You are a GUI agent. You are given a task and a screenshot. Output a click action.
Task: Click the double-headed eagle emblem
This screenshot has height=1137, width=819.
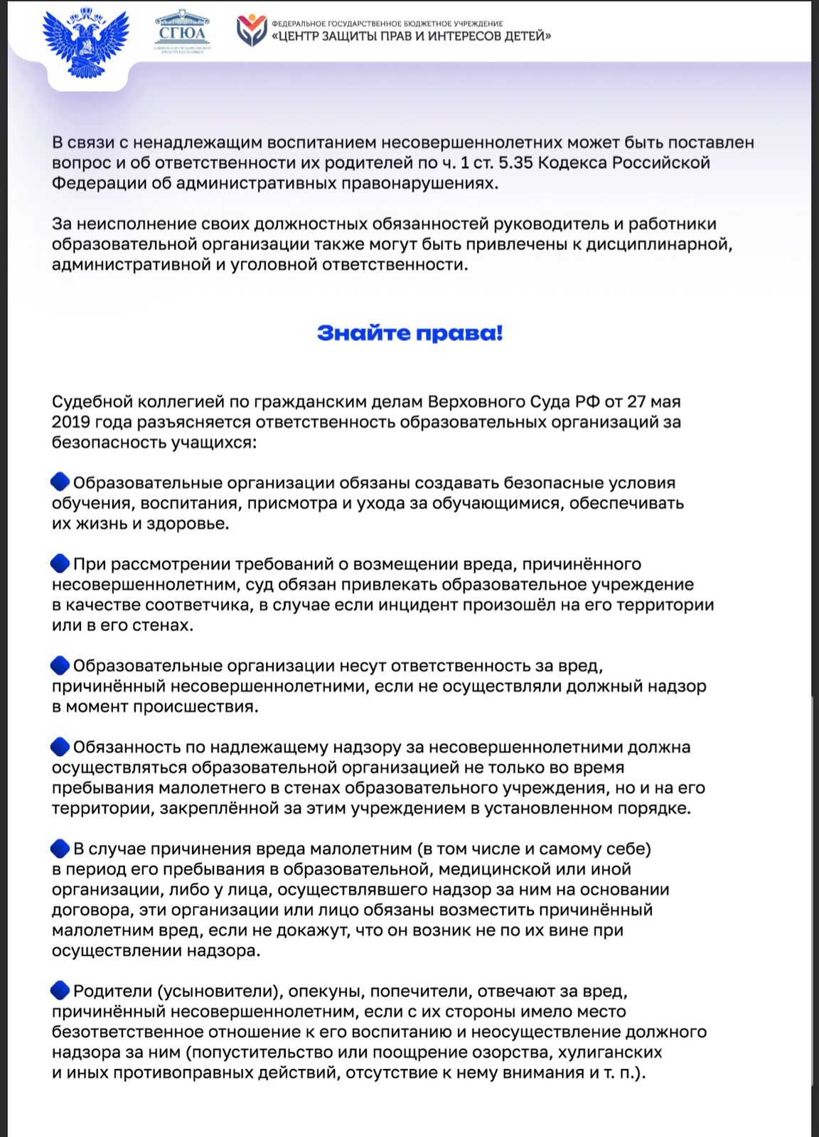86,43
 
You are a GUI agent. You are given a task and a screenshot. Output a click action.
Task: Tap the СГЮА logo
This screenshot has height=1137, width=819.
182,32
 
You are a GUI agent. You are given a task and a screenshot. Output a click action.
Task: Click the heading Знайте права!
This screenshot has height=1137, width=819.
409,333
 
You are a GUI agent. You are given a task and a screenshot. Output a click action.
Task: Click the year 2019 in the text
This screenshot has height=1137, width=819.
70,422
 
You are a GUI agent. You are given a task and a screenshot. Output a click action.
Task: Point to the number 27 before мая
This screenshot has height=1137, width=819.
636,402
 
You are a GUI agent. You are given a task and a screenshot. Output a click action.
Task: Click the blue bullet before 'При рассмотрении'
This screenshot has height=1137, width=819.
60,564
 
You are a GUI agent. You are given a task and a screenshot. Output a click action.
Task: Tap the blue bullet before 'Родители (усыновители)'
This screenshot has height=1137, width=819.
60,990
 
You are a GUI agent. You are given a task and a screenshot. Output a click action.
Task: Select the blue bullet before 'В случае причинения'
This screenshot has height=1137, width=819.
60,848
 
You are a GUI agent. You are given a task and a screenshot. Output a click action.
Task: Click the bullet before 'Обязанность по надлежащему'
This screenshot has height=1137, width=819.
60,746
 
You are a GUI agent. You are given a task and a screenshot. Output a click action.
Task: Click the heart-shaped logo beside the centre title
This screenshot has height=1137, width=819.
251,31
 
